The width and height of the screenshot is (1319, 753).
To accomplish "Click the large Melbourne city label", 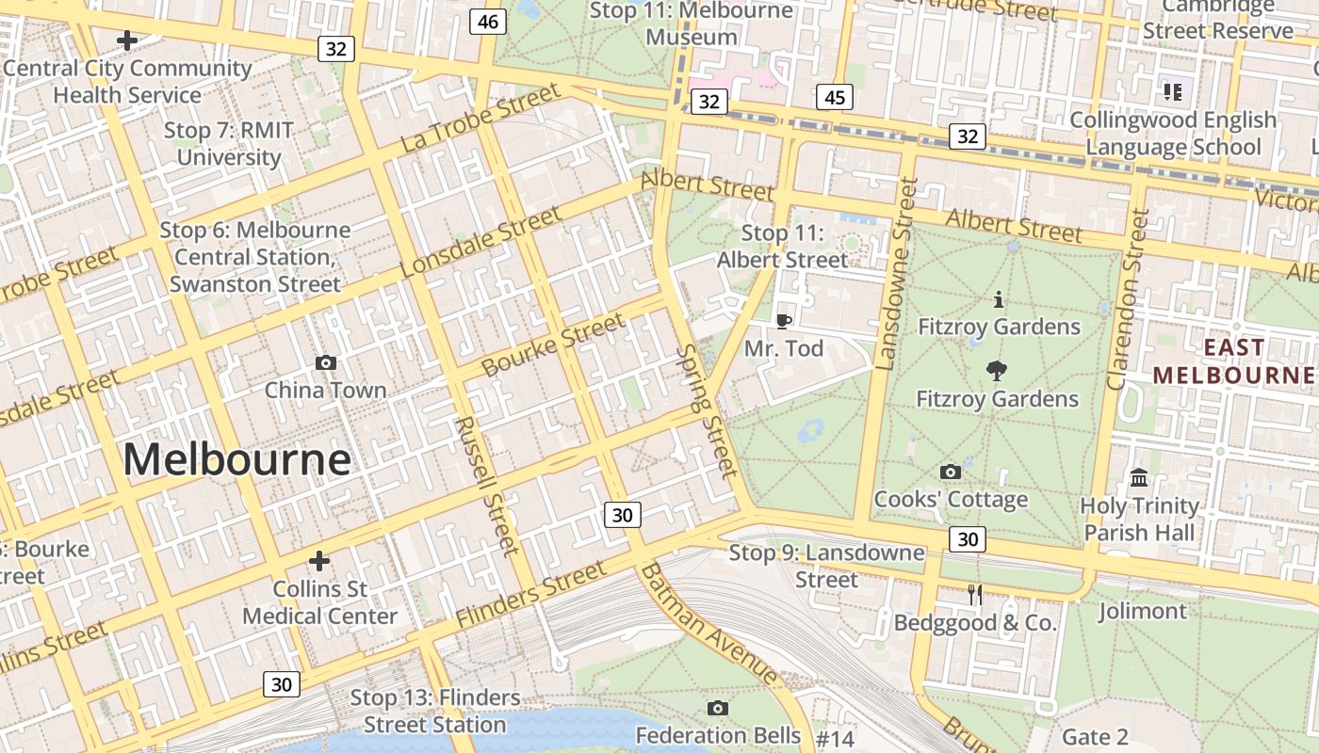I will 236,460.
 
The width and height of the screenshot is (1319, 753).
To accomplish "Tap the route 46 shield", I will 488,22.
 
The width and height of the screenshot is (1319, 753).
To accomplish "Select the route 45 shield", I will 835,97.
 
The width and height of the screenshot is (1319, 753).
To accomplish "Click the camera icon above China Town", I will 326,362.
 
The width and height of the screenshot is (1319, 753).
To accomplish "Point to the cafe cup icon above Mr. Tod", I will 783,321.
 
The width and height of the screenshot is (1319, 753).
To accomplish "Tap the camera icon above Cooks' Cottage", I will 950,472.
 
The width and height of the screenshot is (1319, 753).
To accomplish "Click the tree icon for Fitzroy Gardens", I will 996,371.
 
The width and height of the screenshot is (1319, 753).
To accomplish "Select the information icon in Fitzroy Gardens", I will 999,300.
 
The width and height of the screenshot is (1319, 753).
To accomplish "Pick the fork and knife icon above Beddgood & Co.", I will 975,594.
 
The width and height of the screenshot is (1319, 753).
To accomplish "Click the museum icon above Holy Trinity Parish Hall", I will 1139,477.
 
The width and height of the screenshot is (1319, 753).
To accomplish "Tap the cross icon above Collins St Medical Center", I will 319,561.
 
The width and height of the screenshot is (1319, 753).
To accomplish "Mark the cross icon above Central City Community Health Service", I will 127,40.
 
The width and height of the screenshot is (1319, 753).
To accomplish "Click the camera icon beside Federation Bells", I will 718,708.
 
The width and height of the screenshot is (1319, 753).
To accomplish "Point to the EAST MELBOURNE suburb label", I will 1233,361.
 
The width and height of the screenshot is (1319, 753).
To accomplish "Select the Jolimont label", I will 1142,612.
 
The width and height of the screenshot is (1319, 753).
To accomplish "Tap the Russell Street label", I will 486,486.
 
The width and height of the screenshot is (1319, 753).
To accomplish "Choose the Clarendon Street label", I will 1129,299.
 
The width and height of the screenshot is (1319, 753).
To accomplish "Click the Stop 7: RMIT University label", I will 229,143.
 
